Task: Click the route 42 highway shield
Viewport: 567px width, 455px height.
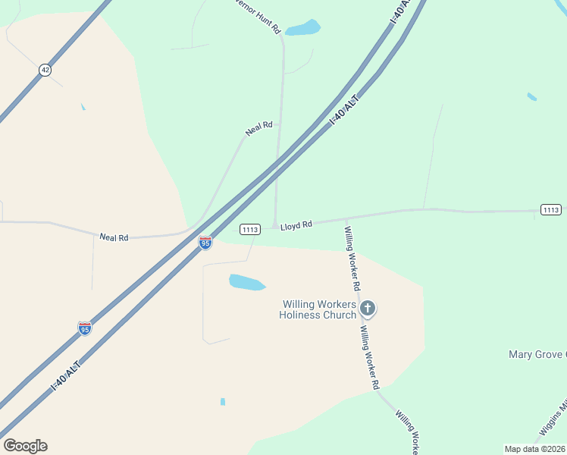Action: coord(45,70)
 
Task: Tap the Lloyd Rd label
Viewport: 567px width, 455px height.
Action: coord(296,226)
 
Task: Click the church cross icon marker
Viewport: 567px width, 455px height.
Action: coord(368,308)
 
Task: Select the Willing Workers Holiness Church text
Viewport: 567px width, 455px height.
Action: coord(318,309)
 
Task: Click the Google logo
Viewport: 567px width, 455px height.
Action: coord(25,446)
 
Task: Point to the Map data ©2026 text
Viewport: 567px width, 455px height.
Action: coord(535,449)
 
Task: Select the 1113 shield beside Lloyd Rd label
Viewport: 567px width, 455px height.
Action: coord(251,229)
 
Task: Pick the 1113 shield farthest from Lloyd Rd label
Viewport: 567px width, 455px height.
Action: coord(551,209)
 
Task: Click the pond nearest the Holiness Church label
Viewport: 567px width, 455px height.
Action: coord(247,282)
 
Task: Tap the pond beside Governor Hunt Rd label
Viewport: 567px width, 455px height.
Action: coord(302,28)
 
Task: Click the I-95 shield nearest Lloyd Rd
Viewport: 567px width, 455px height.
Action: coord(205,243)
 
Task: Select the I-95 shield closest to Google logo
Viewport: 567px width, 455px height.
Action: coord(85,328)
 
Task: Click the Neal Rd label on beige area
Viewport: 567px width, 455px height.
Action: coord(114,237)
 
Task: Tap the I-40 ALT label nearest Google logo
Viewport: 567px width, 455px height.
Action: coord(65,375)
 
